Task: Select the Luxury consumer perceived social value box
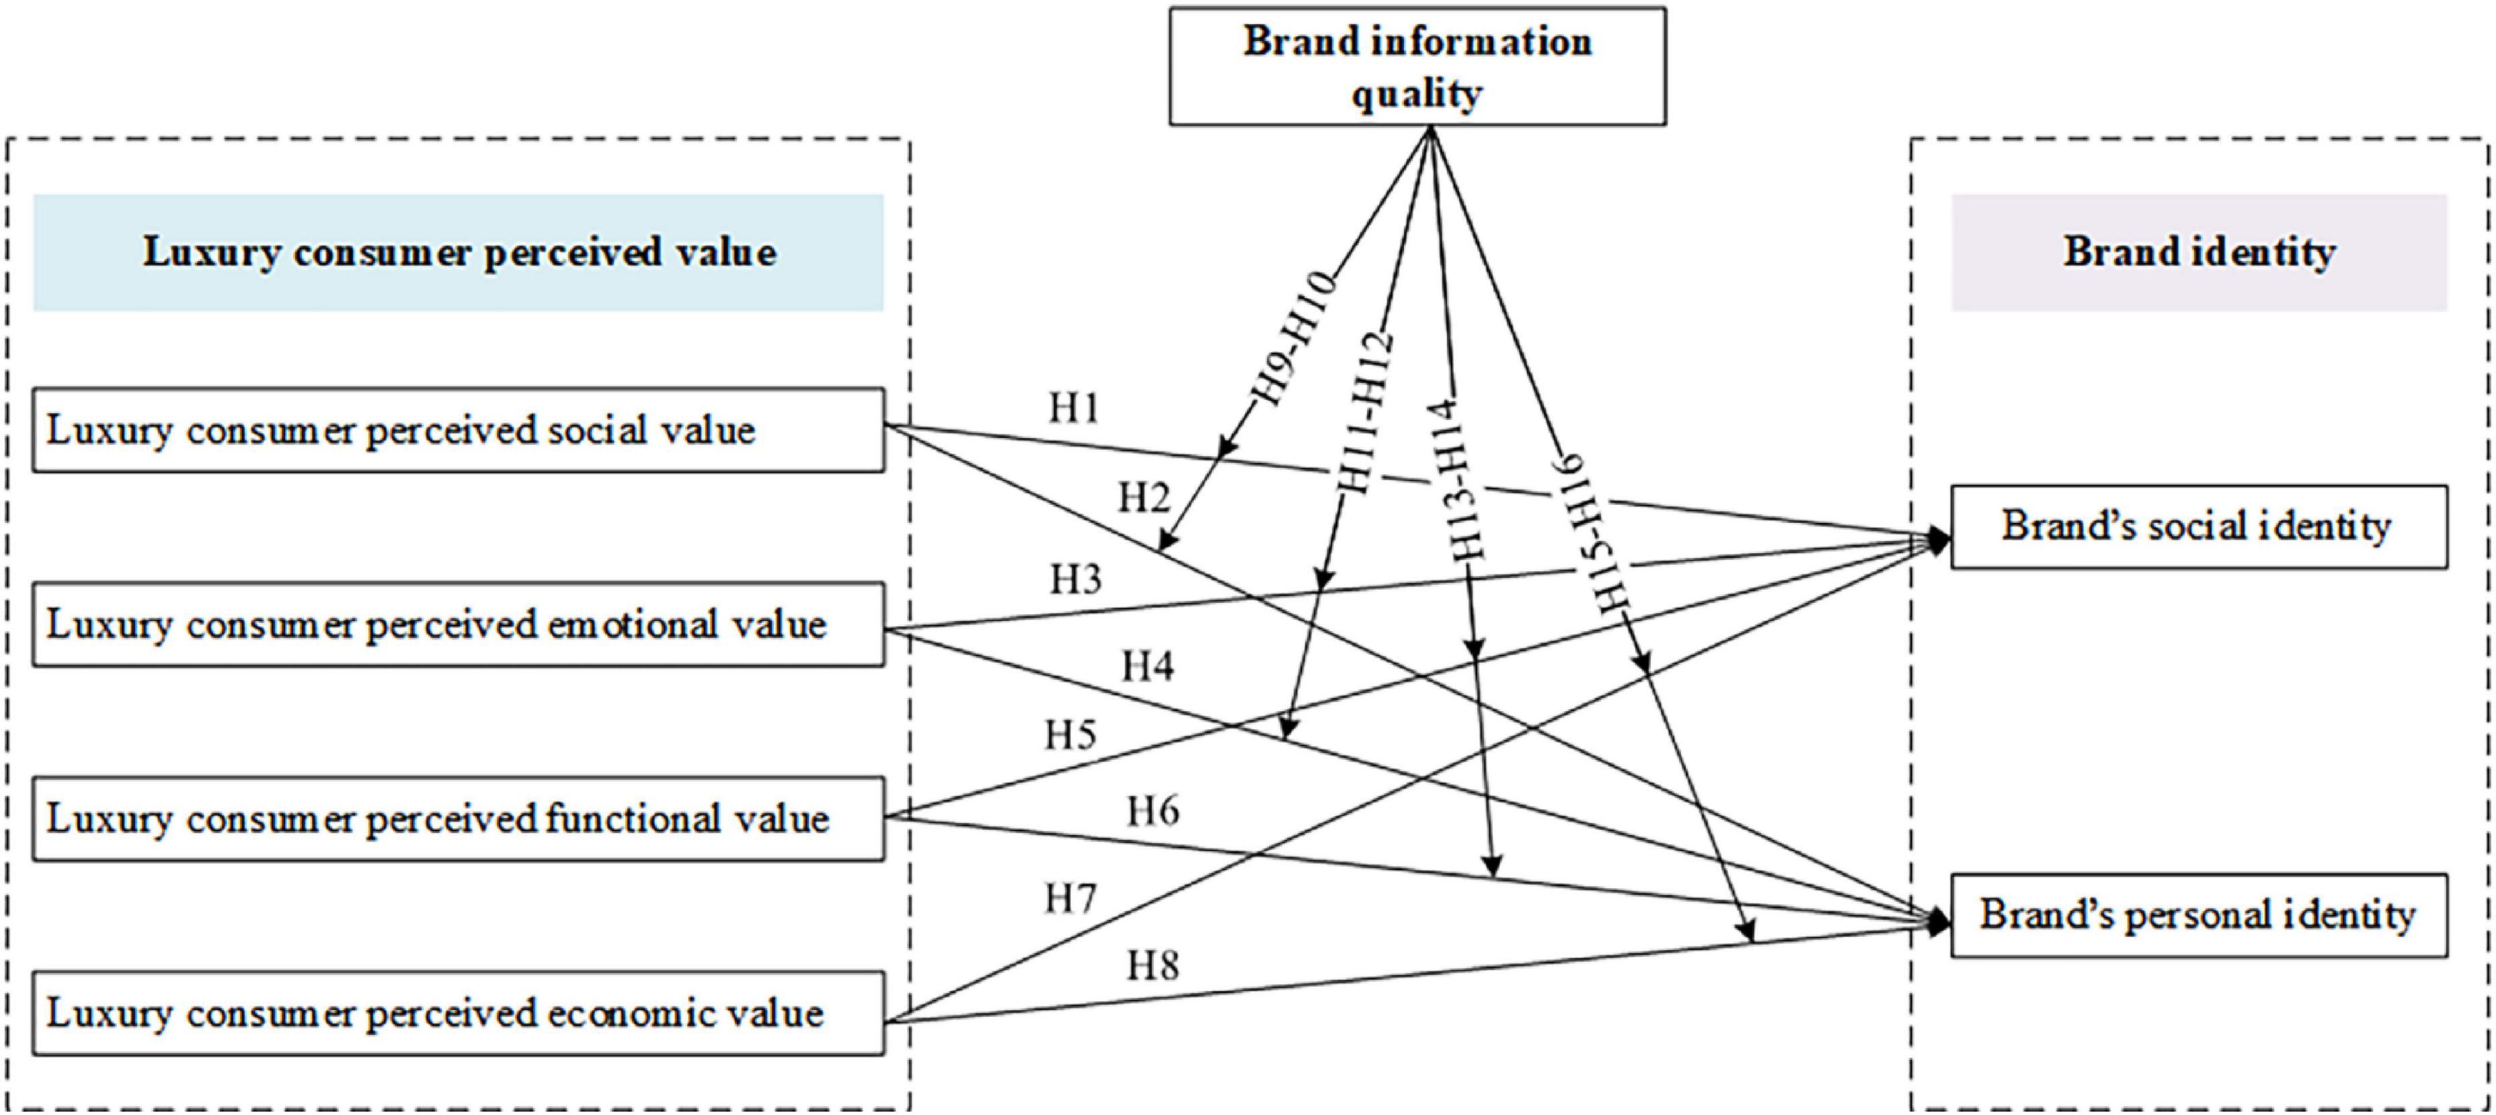coord(458,430)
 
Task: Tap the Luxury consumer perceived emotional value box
coord(458,624)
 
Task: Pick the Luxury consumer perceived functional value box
coord(458,819)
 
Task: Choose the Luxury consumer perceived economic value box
coord(458,1013)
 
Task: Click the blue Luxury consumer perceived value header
coord(458,252)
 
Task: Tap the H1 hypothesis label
coord(1074,409)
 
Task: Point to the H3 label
coord(1075,580)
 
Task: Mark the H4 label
coord(1147,667)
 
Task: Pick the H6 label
coord(1152,810)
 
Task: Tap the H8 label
coord(1152,966)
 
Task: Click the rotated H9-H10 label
coord(1294,339)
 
